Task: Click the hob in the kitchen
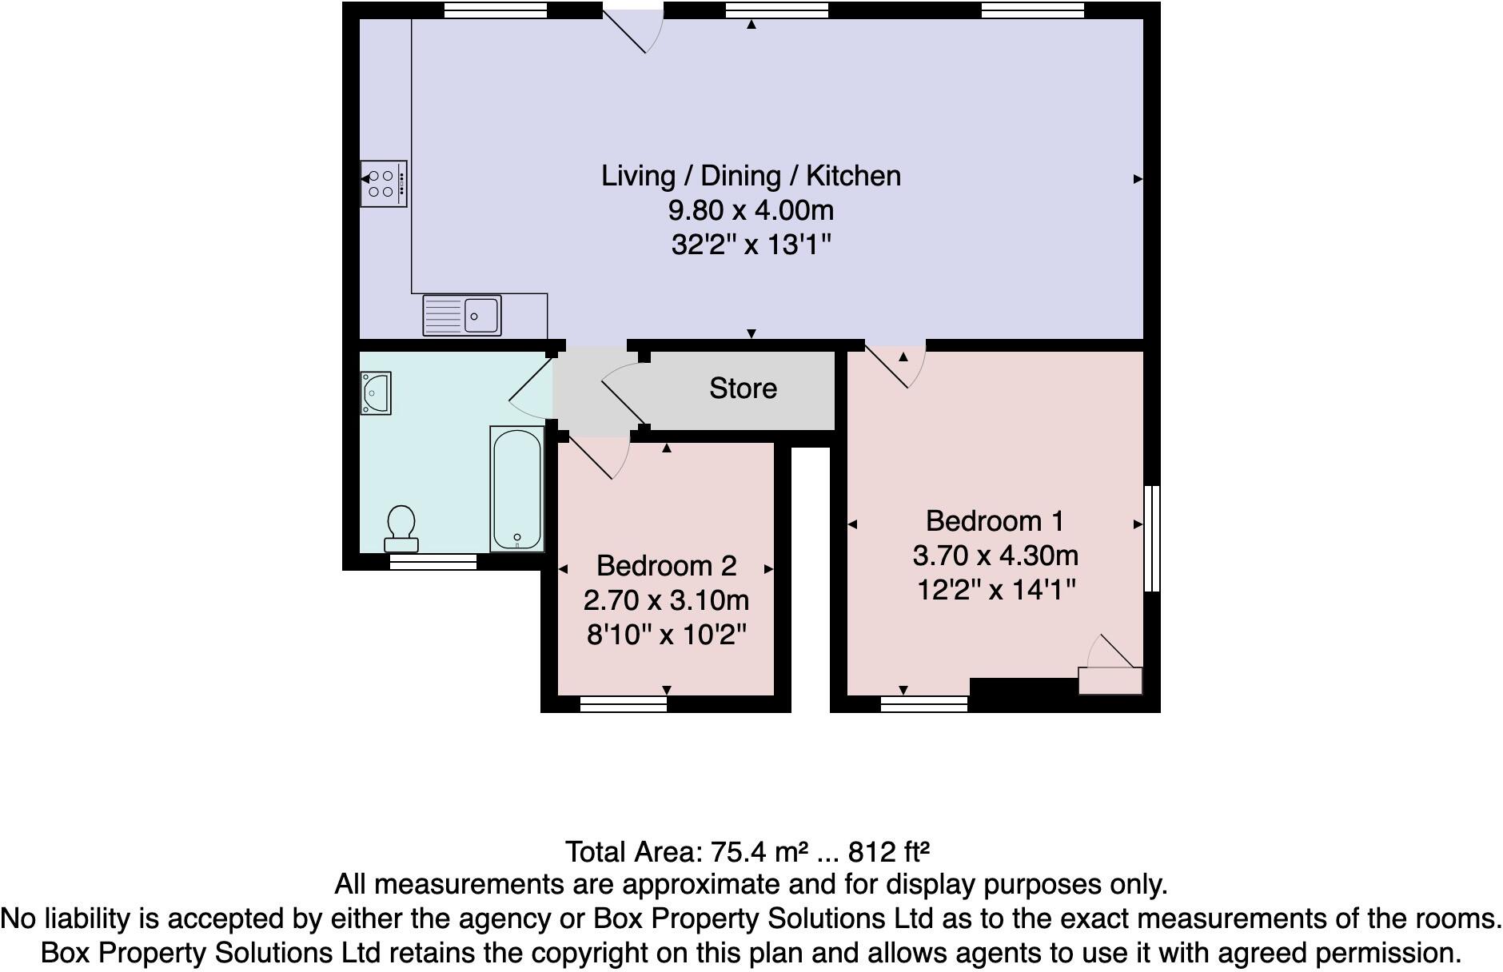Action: click(384, 184)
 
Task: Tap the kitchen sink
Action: click(462, 315)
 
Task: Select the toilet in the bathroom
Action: click(401, 528)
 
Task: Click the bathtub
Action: click(516, 488)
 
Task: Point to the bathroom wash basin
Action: click(376, 392)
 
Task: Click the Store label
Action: click(743, 388)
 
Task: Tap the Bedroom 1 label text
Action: click(995, 521)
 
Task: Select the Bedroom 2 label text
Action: click(666, 566)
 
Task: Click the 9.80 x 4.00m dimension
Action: click(751, 210)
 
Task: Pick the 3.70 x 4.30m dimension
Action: click(995, 556)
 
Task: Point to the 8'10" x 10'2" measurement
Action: click(666, 635)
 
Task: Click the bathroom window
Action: click(433, 563)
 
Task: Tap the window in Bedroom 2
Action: click(624, 704)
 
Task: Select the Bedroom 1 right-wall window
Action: click(1152, 539)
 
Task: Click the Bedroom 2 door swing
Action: click(600, 458)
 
